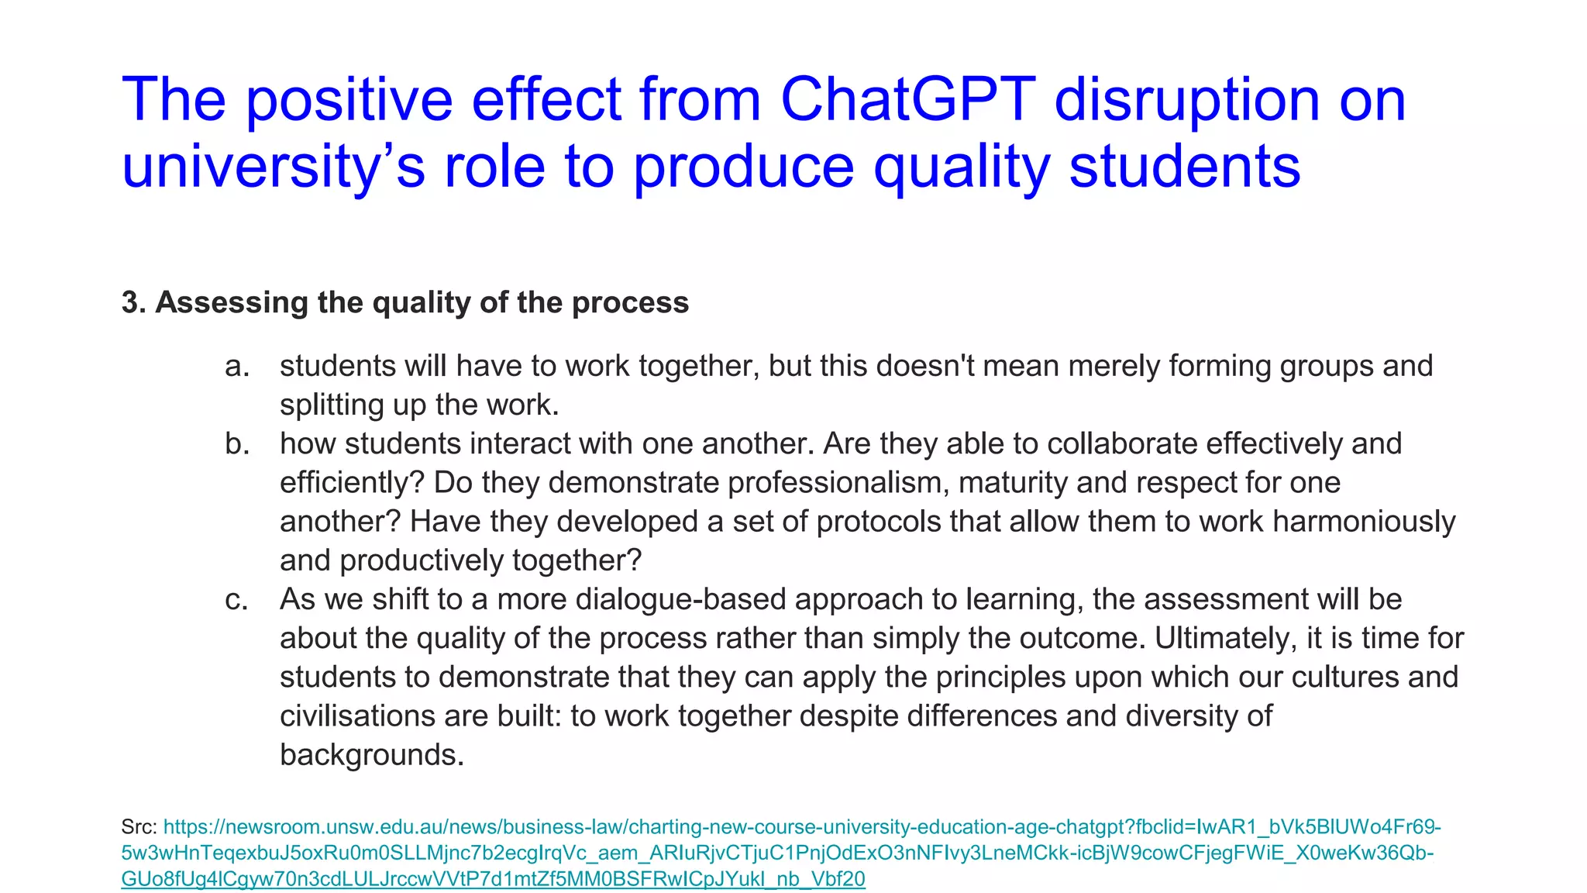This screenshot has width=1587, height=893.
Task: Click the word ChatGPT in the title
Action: pos(907,100)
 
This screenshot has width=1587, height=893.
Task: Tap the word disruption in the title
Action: pos(1186,100)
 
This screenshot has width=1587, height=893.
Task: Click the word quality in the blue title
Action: pos(962,167)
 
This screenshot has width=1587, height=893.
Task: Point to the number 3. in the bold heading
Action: pos(133,302)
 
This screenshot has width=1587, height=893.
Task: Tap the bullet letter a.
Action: pos(237,366)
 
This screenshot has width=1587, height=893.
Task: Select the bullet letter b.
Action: pos(237,444)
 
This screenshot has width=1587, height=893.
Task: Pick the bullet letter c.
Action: pos(236,599)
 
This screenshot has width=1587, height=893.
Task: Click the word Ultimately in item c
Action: pos(1224,639)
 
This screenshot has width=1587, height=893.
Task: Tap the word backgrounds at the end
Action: pos(371,755)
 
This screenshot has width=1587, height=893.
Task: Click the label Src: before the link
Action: pos(139,827)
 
